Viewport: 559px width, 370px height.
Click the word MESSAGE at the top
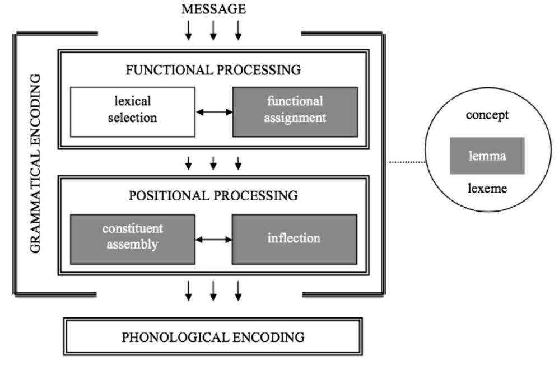coord(213,10)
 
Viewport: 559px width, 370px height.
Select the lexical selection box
coord(133,111)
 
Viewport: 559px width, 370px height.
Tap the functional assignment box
coord(295,111)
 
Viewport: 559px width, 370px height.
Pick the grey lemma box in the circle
coord(487,156)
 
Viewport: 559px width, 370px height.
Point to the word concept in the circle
coord(487,115)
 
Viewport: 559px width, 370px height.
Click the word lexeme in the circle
coord(487,188)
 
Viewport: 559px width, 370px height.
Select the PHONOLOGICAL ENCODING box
coord(213,337)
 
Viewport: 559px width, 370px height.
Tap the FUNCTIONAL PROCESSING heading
coord(213,71)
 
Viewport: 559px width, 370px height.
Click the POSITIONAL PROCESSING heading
coord(213,196)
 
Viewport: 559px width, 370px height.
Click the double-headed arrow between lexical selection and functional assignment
coord(213,112)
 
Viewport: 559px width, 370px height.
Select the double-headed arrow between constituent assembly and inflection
coord(213,239)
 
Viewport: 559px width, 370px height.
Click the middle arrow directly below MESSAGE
coord(213,31)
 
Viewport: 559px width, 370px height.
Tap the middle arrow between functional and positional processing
coord(213,163)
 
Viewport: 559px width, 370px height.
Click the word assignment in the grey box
coord(295,118)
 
